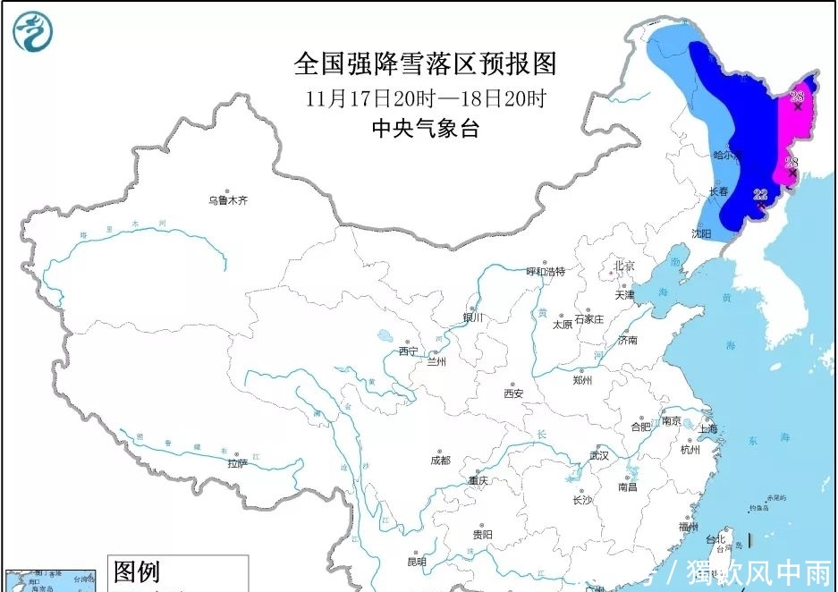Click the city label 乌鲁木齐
[227, 201]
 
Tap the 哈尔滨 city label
[726, 155]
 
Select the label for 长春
[719, 191]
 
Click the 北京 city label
[623, 266]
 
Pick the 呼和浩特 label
[546, 271]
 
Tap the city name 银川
[472, 317]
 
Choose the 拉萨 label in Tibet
[237, 463]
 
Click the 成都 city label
[440, 461]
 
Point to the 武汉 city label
[598, 455]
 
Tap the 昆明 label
[417, 562]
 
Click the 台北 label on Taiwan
[716, 540]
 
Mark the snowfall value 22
[761, 194]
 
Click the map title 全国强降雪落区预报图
[425, 63]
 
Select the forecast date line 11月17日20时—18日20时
[425, 97]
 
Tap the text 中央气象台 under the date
[425, 129]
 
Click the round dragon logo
[32, 31]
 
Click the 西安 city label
[512, 393]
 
